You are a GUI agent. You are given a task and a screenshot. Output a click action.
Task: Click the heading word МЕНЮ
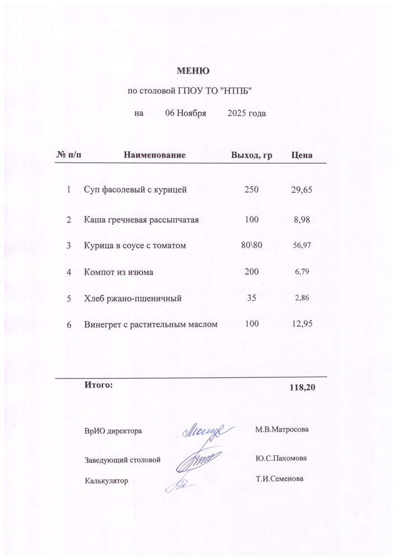(193, 71)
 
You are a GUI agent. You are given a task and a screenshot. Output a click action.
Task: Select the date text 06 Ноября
(186, 113)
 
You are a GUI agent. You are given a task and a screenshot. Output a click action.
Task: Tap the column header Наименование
(154, 154)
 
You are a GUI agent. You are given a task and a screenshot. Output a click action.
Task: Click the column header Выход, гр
(251, 154)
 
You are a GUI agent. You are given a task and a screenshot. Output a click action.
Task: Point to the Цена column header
(302, 154)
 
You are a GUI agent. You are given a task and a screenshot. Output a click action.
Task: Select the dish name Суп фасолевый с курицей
(135, 190)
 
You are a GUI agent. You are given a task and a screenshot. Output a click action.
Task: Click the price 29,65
(302, 190)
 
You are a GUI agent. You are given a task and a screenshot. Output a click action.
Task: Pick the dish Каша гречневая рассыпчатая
(141, 220)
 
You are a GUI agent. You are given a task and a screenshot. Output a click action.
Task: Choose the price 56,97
(302, 245)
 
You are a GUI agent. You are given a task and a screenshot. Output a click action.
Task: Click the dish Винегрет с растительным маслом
(150, 324)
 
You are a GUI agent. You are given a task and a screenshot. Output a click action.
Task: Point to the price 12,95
(302, 324)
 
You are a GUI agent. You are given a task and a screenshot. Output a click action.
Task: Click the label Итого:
(98, 385)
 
